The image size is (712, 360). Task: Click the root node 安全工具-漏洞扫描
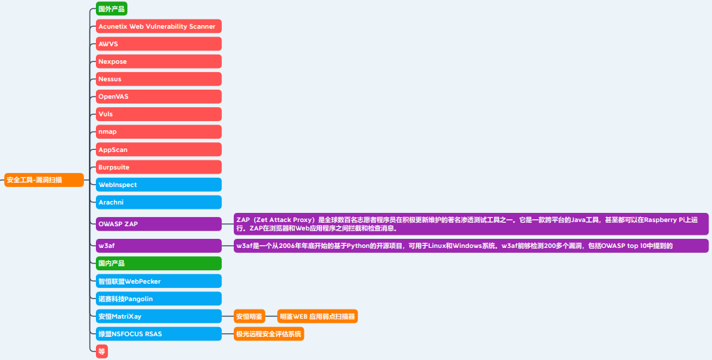[x=43, y=180]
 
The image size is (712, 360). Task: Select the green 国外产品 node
[x=112, y=9]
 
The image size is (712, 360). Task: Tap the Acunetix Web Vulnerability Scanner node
[x=158, y=27]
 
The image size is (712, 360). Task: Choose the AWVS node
[x=158, y=44]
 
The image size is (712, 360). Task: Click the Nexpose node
[x=158, y=62]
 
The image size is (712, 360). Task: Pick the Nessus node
[x=158, y=79]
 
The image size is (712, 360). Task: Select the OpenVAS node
[x=158, y=97]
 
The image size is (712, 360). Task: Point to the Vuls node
[x=158, y=114]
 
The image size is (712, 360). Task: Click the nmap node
[x=158, y=132]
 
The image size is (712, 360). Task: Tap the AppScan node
[x=158, y=150]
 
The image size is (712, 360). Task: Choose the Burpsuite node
[x=158, y=167]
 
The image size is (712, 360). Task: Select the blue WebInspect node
[x=158, y=185]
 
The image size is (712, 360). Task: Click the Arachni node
[x=158, y=202]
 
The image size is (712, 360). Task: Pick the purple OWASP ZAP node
[x=158, y=224]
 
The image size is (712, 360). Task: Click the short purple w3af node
[x=158, y=246]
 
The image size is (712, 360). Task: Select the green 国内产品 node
[x=158, y=263]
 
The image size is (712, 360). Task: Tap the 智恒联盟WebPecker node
[x=158, y=281]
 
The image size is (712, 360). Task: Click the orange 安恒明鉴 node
[x=249, y=317]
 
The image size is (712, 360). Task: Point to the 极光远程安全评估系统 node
[x=269, y=334]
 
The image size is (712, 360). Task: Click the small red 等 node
[x=102, y=352]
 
